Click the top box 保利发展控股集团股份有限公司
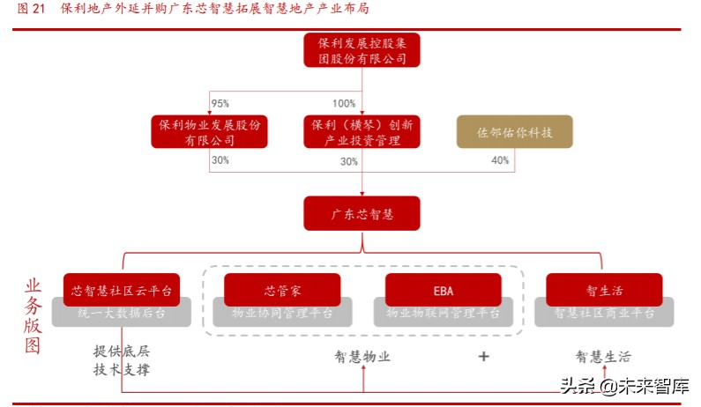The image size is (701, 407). (x=362, y=50)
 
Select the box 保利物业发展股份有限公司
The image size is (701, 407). (x=210, y=132)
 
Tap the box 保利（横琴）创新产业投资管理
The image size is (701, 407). (x=362, y=132)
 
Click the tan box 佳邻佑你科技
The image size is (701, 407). (x=514, y=132)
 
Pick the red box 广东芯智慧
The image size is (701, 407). (x=362, y=214)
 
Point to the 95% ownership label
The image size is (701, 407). (x=220, y=104)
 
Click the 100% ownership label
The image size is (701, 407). (x=344, y=104)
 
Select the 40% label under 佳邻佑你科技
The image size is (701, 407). (x=500, y=160)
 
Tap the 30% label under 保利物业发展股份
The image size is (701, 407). (x=220, y=160)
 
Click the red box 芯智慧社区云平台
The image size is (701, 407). (x=122, y=289)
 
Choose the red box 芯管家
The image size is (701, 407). (x=282, y=289)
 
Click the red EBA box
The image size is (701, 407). (x=444, y=289)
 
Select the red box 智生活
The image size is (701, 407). (x=603, y=289)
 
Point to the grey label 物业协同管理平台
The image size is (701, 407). (x=282, y=313)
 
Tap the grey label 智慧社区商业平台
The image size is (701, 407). (x=604, y=313)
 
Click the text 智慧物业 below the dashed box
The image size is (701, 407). (x=362, y=357)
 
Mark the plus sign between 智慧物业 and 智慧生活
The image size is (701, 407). (x=483, y=357)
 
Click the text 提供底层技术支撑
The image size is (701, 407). (x=122, y=360)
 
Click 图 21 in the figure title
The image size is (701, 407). (x=31, y=10)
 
